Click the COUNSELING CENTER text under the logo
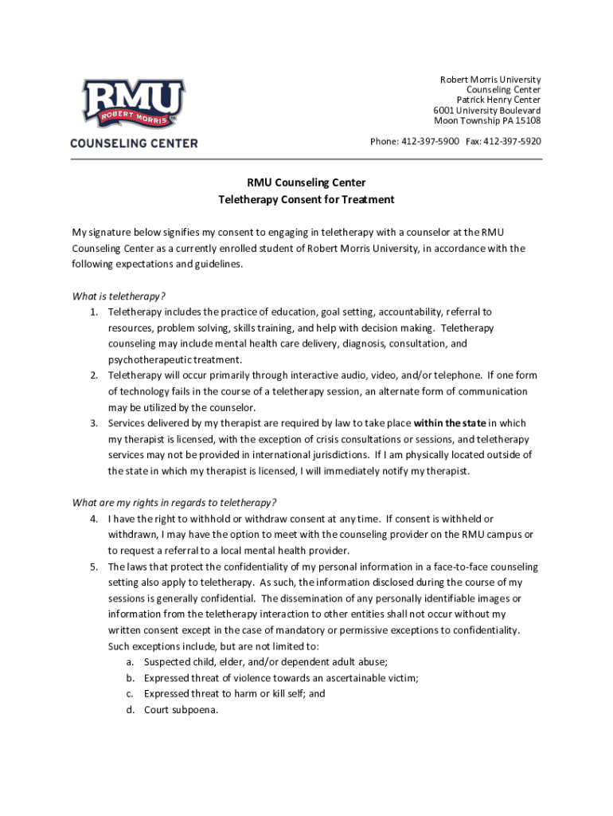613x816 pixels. pos(134,143)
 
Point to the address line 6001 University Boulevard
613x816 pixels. pos(486,110)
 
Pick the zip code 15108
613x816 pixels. pos(527,120)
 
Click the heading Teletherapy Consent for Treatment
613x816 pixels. pos(306,199)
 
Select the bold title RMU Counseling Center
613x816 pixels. pos(306,182)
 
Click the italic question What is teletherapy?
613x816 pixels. pos(119,296)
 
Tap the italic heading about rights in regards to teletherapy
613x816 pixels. pos(174,502)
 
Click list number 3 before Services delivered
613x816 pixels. pos(93,423)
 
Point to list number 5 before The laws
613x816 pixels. pos(93,567)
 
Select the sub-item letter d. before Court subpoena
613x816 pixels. pos(129,710)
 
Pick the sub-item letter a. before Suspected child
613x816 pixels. pos(129,662)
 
